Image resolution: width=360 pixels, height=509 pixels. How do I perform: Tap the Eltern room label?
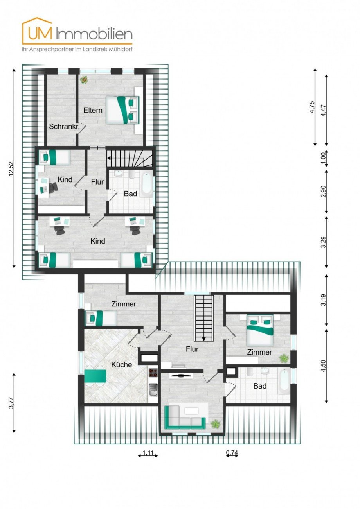tap(93, 110)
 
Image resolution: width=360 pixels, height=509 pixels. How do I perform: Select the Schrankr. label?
tap(62, 126)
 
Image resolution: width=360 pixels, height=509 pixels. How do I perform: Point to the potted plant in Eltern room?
tap(84, 80)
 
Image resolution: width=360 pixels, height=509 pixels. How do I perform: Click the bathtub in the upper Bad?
tap(147, 183)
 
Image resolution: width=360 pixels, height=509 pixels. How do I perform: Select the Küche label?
tap(121, 364)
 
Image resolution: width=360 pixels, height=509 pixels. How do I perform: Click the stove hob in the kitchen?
tap(153, 373)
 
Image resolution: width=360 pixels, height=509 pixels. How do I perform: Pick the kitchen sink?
tap(153, 389)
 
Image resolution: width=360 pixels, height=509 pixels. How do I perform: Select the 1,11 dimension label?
tap(148, 453)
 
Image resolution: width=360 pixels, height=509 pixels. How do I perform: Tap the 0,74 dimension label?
tap(232, 453)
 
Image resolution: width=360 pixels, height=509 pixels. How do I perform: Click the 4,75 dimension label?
tap(312, 107)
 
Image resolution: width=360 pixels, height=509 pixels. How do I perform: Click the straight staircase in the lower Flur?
tap(204, 318)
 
